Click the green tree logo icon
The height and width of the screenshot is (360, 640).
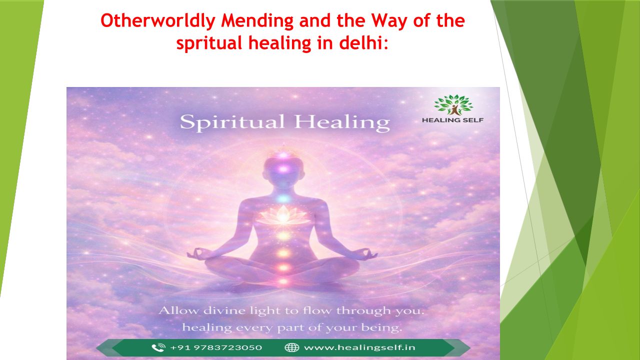pyautogui.click(x=453, y=104)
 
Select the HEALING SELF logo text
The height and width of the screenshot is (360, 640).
pyautogui.click(x=453, y=120)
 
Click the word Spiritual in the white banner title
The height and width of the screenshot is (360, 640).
pyautogui.click(x=232, y=122)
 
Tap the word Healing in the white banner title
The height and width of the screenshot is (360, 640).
pyautogui.click(x=342, y=122)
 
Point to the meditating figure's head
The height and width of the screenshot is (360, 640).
pyautogui.click(x=283, y=169)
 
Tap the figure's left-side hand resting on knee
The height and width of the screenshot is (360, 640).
pyautogui.click(x=197, y=253)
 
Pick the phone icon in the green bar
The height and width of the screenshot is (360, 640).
pyautogui.click(x=158, y=347)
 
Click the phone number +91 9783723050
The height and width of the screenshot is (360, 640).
pyautogui.click(x=216, y=347)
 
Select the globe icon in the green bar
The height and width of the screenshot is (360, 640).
pyautogui.click(x=291, y=347)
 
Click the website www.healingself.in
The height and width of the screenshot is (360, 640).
pyautogui.click(x=359, y=347)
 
